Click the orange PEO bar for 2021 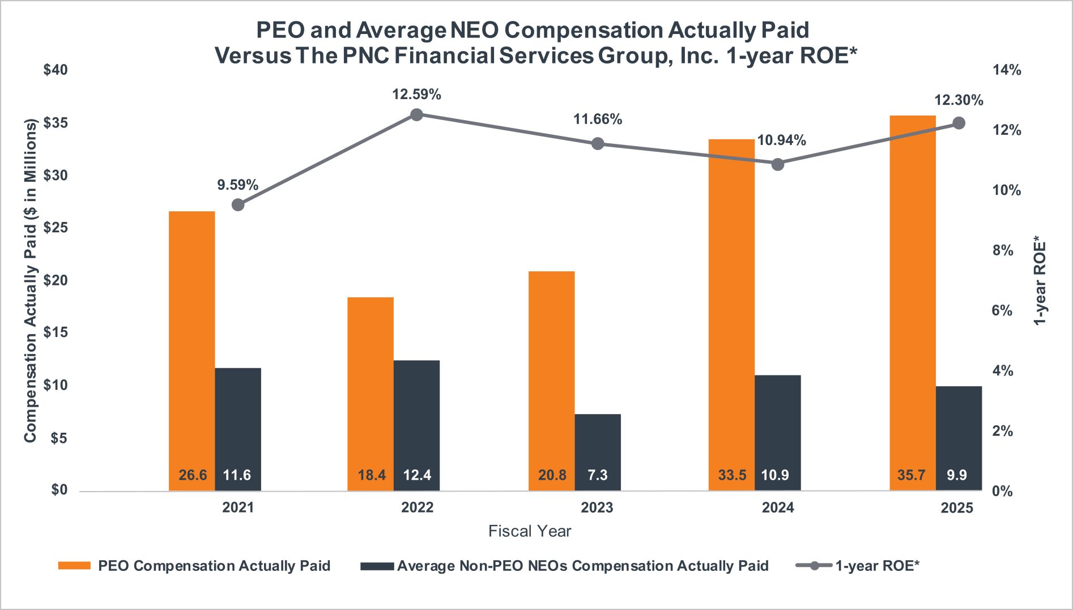point(192,340)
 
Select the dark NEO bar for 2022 point(416,419)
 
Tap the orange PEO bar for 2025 point(913,295)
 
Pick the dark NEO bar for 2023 point(598,447)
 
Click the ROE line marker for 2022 point(416,115)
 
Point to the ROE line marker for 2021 point(239,204)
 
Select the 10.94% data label point(781,140)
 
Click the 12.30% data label point(959,100)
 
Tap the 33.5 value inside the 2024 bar point(732,475)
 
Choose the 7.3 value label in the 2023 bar point(598,475)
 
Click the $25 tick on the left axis point(56,228)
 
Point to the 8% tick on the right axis point(1003,250)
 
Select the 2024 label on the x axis point(777,507)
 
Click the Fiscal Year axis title point(530,531)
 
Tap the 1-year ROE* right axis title point(1040,280)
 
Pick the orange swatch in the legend point(74,566)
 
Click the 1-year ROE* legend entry point(877,566)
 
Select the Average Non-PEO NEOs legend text point(582,566)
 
